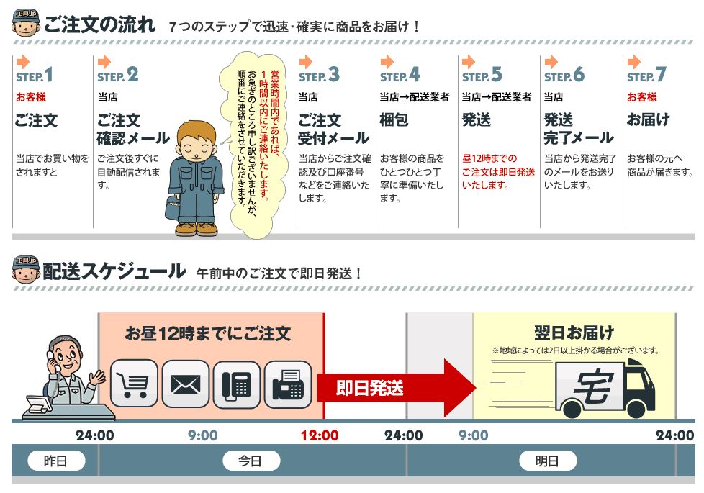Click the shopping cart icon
click(x=134, y=384)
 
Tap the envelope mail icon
click(x=186, y=384)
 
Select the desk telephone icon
click(x=237, y=384)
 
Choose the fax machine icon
click(x=288, y=384)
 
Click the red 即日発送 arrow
click(x=395, y=388)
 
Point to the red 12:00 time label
click(x=320, y=435)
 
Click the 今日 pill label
click(x=251, y=461)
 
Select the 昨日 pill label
click(x=56, y=461)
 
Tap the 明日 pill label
click(x=548, y=461)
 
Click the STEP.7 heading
click(x=646, y=75)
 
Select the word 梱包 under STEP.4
click(x=394, y=120)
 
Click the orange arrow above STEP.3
click(x=306, y=61)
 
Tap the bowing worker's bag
click(x=173, y=207)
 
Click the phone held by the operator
click(x=52, y=359)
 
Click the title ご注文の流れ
click(x=99, y=24)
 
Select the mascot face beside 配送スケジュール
click(x=26, y=270)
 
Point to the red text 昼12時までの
click(x=489, y=158)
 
